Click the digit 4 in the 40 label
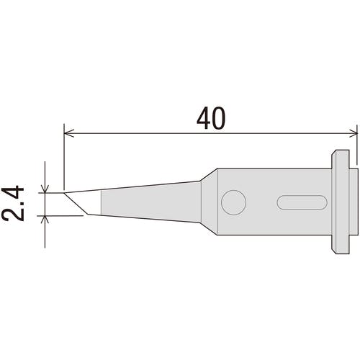(204, 118)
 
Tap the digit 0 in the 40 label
(219, 118)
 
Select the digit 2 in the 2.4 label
(13, 212)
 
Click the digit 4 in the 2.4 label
(13, 192)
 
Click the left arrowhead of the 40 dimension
(69, 133)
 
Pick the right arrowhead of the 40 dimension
(353, 133)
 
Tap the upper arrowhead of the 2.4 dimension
(45, 189)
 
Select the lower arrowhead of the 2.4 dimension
(45, 220)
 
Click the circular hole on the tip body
(233, 202)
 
